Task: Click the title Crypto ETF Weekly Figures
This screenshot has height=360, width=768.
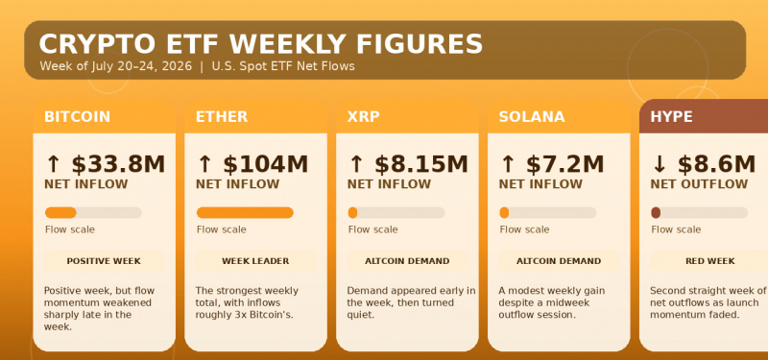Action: [260, 44]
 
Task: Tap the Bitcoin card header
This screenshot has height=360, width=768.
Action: [104, 116]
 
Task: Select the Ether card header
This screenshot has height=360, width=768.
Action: [255, 116]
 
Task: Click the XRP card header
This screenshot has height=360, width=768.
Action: [407, 116]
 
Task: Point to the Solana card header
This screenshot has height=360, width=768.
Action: [559, 116]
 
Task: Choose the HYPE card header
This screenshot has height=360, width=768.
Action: [704, 116]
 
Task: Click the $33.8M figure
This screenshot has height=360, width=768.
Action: [118, 164]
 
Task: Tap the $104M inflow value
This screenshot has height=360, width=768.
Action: [266, 164]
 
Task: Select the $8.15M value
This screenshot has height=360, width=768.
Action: [421, 164]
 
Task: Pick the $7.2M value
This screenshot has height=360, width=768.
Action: [564, 164]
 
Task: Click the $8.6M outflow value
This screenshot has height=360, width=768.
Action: [716, 164]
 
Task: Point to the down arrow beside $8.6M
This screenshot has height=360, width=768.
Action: [660, 164]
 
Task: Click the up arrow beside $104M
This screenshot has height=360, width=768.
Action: [204, 164]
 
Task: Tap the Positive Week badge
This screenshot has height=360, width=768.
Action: [104, 261]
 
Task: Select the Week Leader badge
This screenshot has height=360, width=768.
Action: [255, 261]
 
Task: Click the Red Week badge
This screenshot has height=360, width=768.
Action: [709, 261]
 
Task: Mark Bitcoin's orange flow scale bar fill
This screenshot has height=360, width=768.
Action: [60, 212]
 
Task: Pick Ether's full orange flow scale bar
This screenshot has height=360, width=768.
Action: [245, 212]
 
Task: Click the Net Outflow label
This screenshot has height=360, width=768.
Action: [699, 184]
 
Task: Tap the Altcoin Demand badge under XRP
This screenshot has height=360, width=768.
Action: [407, 261]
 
